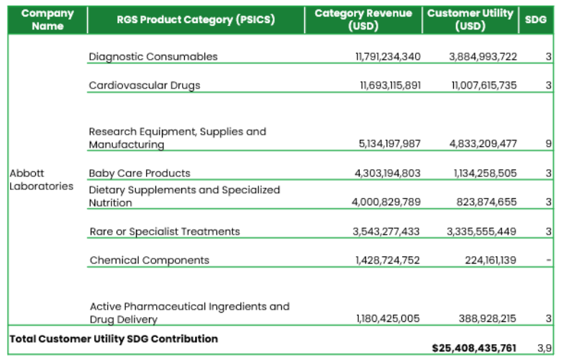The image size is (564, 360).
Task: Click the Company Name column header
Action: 47,19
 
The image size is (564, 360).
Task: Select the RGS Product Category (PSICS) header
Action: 196,19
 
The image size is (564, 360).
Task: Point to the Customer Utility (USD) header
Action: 470,19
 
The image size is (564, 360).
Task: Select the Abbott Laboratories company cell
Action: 41,179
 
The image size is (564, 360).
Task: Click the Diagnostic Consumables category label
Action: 153,56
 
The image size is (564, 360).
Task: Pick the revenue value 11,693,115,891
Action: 390,85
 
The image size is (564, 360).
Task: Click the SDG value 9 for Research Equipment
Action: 548,143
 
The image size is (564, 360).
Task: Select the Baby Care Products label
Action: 140,173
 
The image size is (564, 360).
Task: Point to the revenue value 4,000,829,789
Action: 386,202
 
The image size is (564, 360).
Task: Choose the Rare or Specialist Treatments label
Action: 165,231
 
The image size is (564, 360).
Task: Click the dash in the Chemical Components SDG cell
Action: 549,260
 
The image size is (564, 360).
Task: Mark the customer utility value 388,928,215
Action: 487,318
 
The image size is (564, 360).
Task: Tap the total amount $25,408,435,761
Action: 474,348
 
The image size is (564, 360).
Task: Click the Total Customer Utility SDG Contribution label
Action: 113,338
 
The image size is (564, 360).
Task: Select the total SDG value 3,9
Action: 545,348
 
